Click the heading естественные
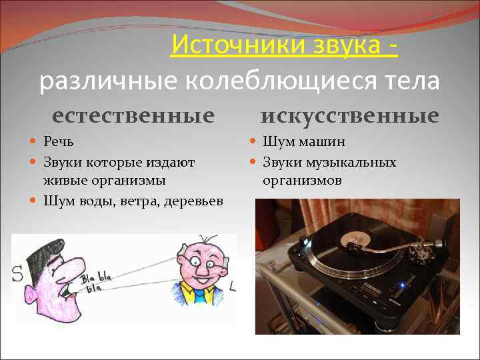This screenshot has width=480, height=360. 133,115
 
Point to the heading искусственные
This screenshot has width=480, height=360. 349,115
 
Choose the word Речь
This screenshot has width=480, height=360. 59,142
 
